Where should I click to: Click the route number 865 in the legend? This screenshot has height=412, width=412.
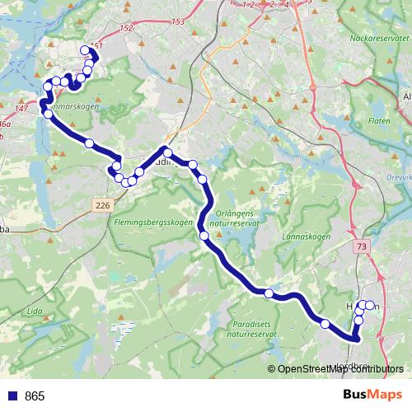[35, 396]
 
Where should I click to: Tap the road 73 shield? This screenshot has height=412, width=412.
[362, 246]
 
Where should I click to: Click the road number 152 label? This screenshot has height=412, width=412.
[125, 28]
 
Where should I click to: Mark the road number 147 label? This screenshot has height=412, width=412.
[21, 108]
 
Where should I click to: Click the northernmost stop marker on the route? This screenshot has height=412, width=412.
[85, 50]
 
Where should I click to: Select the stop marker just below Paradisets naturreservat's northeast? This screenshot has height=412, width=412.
[269, 293]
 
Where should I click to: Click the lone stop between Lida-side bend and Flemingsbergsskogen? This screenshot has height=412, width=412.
[89, 143]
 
